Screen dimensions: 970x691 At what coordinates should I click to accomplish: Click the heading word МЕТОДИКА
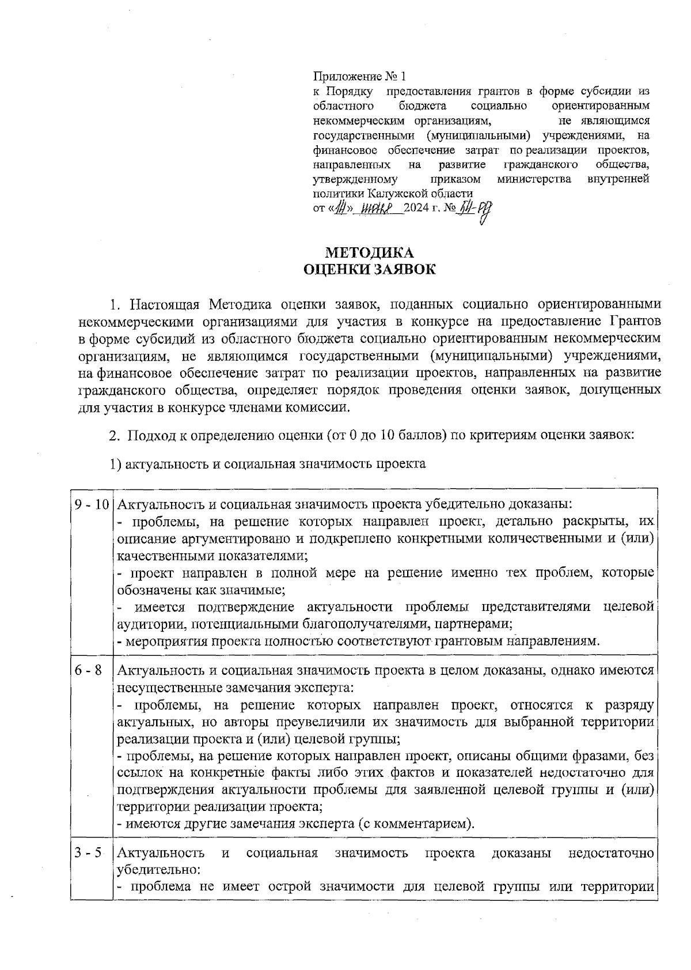(x=369, y=252)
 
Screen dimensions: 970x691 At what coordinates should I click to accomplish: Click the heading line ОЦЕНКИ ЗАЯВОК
(x=369, y=270)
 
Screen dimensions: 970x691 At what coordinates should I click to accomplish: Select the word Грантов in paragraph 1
(x=634, y=320)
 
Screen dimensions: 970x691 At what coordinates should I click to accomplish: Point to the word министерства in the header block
(x=534, y=179)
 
